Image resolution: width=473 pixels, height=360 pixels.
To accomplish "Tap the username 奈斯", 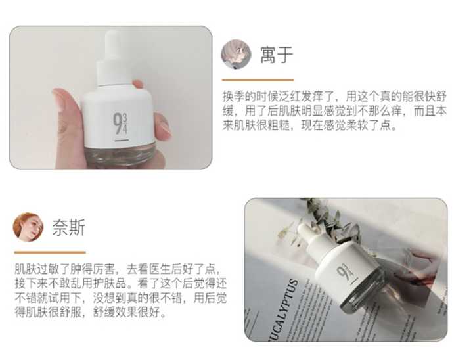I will (x=68, y=227).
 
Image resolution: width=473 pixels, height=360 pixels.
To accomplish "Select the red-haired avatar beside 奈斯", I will (x=28, y=227).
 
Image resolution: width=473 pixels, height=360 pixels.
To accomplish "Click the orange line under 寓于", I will (x=257, y=79).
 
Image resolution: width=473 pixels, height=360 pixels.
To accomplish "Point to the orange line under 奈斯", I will (x=50, y=252).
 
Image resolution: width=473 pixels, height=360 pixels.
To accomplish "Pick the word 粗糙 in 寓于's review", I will (x=297, y=125).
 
